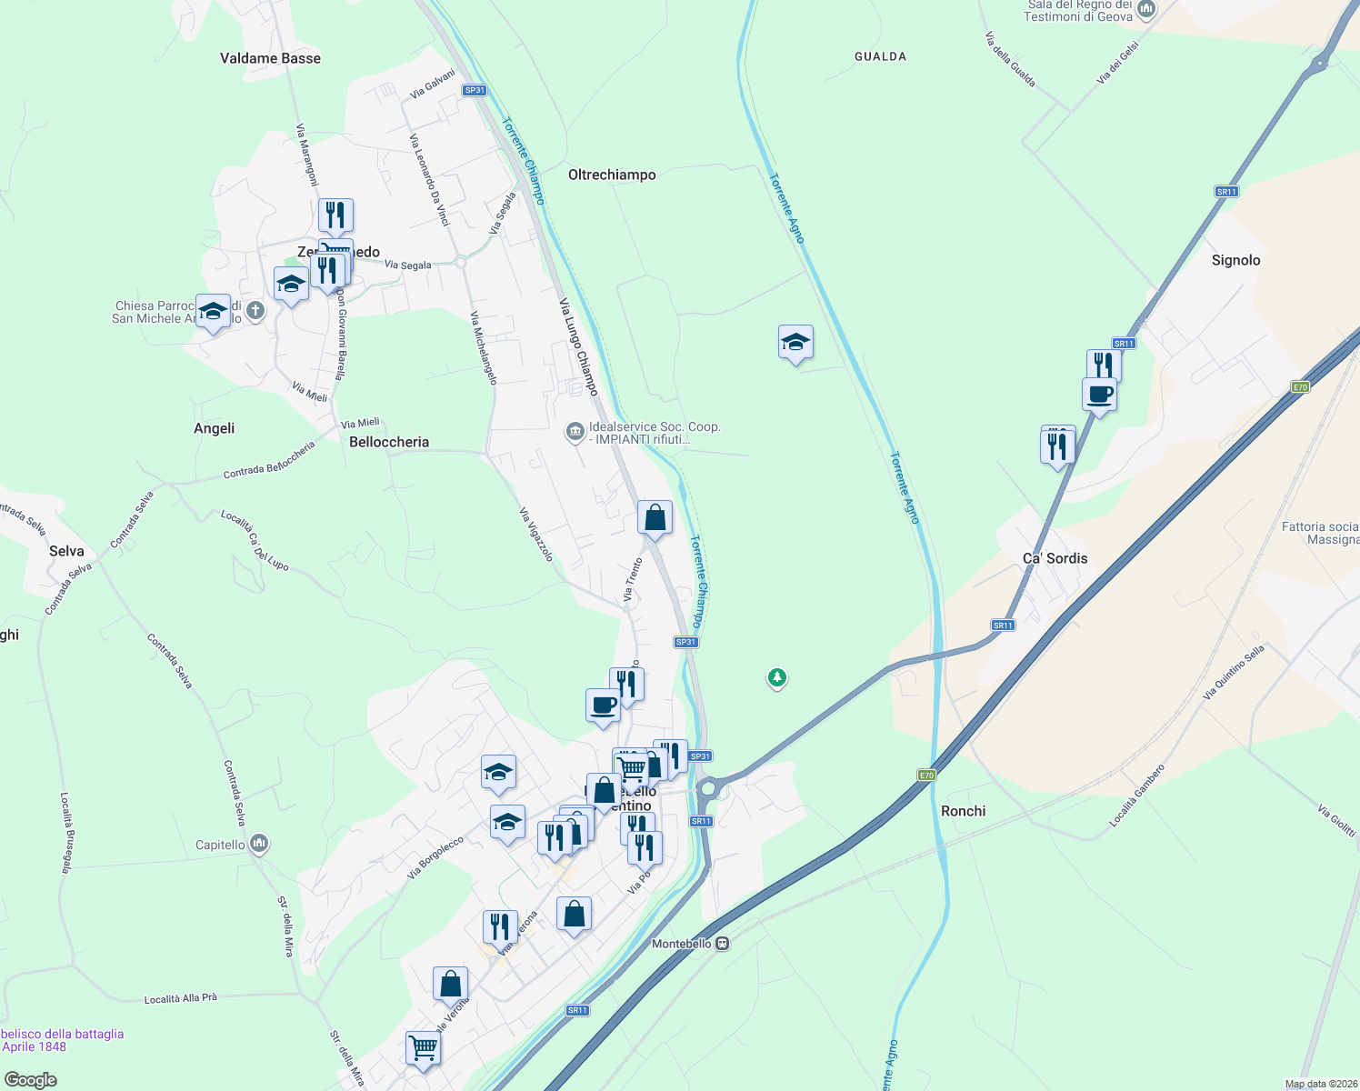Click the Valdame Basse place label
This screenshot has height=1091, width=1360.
(x=270, y=58)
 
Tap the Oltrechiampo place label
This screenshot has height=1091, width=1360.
(x=612, y=175)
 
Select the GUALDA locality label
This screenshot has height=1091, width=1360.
(x=880, y=56)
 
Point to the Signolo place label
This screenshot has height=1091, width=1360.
(x=1235, y=260)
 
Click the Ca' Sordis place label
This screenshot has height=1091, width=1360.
(x=1055, y=558)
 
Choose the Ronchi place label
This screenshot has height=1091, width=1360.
(x=963, y=811)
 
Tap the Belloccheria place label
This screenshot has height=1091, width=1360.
(x=389, y=442)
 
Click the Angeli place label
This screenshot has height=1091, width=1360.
(x=215, y=428)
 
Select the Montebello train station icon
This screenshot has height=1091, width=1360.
(x=723, y=944)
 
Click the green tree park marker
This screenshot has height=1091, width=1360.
(x=776, y=677)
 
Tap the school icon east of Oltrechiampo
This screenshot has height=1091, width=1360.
(x=795, y=343)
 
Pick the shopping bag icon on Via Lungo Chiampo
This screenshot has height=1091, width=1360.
(x=655, y=518)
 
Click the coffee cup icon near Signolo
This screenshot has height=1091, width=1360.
(x=1099, y=395)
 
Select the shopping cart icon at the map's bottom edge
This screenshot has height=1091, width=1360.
(x=424, y=1047)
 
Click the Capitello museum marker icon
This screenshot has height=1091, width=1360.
(x=259, y=845)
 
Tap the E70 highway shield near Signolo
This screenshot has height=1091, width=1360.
(x=1300, y=387)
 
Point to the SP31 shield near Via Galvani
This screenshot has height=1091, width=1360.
(x=474, y=90)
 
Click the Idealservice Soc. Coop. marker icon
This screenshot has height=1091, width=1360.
(x=575, y=431)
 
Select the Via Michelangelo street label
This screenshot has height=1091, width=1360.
(x=484, y=347)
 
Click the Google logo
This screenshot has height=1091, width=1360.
(x=30, y=1080)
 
